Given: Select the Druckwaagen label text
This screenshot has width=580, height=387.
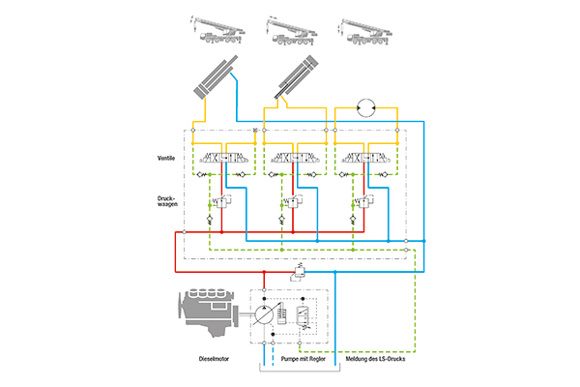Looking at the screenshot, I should [168, 203].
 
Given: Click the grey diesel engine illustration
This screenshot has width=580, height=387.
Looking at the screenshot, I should [207, 315].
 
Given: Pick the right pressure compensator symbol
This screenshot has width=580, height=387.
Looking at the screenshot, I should [362, 202].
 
